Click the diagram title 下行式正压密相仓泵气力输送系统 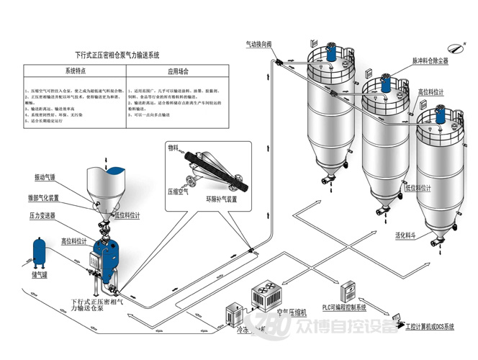pos(117,55)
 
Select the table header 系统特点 pos(75,72)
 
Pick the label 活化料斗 pos(406,235)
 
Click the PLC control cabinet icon pos(348,289)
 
